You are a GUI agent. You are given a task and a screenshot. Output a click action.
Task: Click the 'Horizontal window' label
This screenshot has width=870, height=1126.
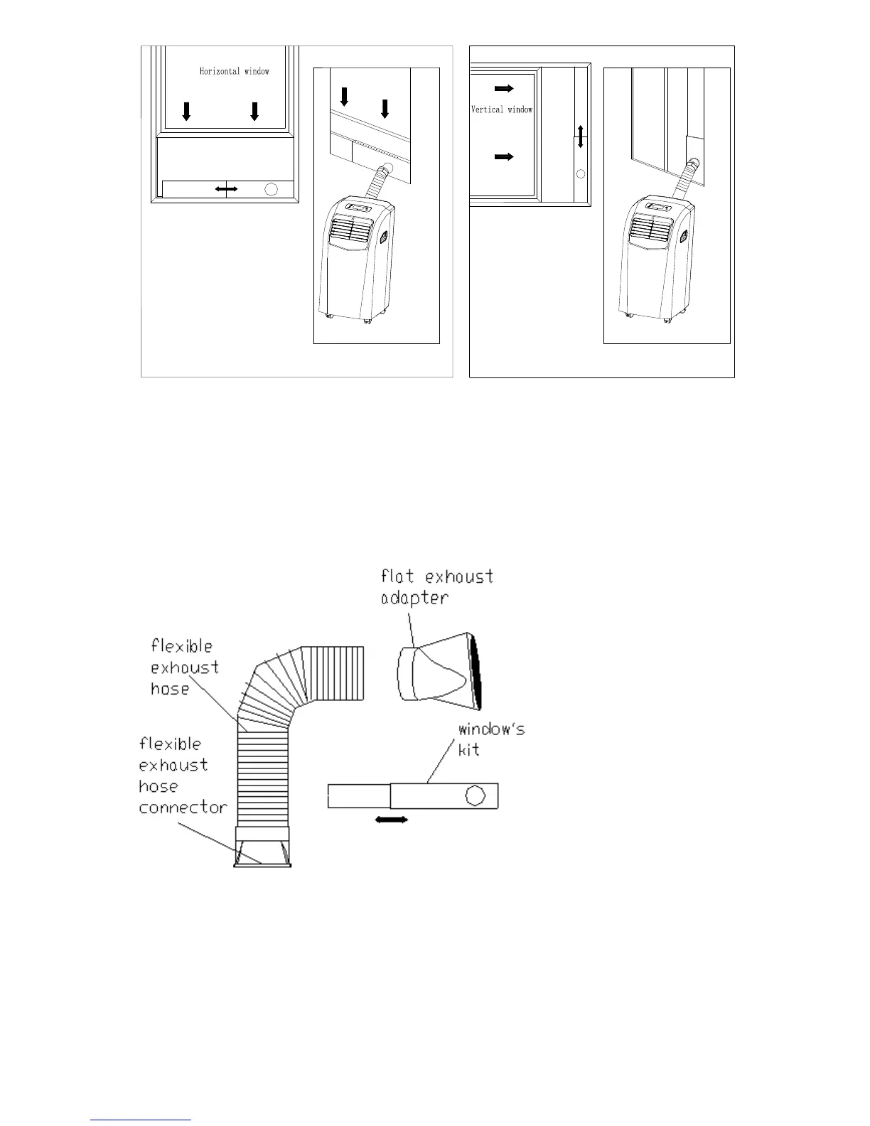[234, 71]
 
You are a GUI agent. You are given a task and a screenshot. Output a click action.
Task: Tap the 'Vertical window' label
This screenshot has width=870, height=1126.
[502, 109]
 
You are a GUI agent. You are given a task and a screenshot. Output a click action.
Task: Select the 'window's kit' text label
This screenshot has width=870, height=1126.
[491, 739]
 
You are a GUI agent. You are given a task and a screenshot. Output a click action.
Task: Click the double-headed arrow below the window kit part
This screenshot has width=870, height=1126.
[392, 820]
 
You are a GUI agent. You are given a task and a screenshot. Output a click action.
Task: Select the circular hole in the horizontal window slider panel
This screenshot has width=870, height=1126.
[272, 189]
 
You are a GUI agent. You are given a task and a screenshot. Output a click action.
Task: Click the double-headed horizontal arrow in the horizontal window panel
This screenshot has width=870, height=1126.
[226, 188]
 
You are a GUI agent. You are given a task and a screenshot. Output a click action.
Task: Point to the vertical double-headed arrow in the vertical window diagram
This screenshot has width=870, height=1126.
[581, 136]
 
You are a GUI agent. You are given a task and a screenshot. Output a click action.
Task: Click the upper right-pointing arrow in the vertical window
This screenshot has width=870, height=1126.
[504, 89]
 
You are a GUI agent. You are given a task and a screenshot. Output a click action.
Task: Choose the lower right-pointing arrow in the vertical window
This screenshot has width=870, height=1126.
[504, 157]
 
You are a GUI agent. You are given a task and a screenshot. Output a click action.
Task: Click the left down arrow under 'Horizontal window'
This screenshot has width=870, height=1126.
[186, 111]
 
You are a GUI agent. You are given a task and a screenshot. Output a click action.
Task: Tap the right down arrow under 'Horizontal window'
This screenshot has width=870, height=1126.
[254, 111]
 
